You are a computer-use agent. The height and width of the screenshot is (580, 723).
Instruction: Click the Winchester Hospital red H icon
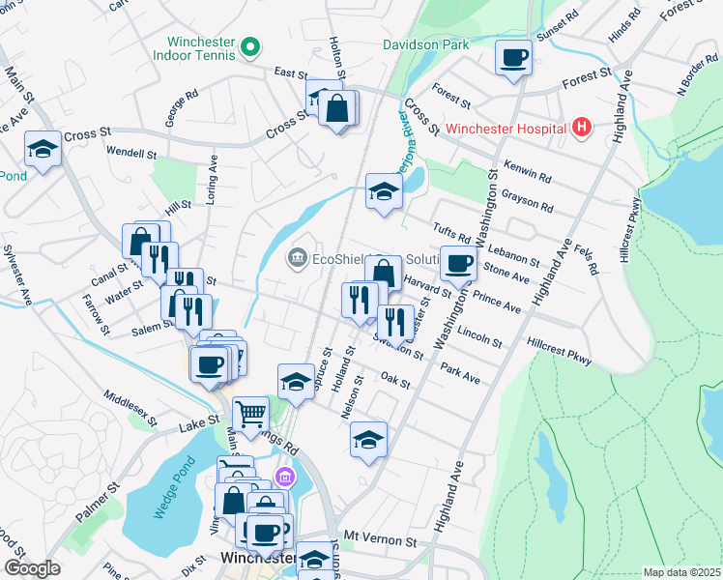581,127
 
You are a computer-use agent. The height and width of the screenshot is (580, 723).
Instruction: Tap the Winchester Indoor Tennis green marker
250,46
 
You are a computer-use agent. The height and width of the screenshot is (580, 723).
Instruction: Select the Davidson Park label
425,44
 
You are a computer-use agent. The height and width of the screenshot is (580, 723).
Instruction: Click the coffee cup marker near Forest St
513,57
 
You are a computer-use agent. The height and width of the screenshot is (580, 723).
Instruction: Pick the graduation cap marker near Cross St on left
43,149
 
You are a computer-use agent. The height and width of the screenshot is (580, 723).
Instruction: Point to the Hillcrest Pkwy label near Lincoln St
559,350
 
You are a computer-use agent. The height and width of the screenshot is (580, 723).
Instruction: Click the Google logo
32,568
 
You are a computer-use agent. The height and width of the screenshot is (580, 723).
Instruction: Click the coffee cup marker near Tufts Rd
458,263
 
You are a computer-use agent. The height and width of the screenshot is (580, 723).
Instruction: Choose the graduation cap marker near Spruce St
296,382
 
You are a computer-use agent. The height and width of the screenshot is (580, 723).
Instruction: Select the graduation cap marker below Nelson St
368,440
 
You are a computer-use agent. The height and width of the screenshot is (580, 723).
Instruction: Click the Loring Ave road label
214,184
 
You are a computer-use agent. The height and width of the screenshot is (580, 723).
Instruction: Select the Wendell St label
131,153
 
